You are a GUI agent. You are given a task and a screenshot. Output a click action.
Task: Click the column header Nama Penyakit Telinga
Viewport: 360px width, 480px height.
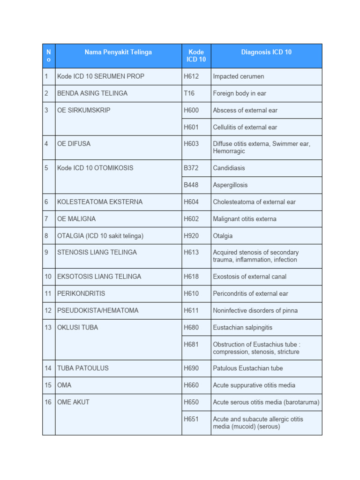118,52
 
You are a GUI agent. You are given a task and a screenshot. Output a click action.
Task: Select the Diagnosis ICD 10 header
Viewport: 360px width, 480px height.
266,52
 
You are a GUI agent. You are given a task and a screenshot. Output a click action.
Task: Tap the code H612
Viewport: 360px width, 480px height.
191,76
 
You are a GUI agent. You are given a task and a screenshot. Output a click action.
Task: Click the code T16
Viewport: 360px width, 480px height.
189,93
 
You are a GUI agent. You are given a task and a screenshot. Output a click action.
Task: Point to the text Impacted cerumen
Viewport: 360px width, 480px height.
239,76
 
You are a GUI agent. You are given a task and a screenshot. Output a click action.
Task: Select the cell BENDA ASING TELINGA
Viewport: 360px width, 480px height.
92,93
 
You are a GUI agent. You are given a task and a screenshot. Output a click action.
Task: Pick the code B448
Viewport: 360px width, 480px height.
191,185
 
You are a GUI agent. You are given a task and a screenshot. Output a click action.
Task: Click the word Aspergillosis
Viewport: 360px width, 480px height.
230,185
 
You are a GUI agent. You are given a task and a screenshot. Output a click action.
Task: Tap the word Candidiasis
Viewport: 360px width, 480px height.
229,168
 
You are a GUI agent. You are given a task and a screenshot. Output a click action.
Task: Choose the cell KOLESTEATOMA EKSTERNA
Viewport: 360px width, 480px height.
100,202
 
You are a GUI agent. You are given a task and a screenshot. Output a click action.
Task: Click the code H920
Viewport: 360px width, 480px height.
191,236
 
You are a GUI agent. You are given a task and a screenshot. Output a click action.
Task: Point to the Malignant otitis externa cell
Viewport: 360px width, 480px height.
245,219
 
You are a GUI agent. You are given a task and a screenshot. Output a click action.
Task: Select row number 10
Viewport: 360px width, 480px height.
48,277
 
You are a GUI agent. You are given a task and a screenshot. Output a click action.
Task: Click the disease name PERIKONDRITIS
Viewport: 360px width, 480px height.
81,293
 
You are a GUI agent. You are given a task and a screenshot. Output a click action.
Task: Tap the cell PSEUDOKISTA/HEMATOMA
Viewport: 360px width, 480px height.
98,310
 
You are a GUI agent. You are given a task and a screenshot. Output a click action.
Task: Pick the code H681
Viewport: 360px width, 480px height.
191,345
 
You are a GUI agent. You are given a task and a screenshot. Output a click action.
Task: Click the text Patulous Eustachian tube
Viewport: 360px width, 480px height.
248,368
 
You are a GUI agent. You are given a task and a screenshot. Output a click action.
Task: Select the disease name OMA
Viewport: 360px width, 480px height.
64,385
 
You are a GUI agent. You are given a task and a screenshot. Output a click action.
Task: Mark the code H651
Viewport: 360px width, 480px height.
191,419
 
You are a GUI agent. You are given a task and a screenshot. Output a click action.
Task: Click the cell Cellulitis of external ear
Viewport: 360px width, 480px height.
245,127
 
